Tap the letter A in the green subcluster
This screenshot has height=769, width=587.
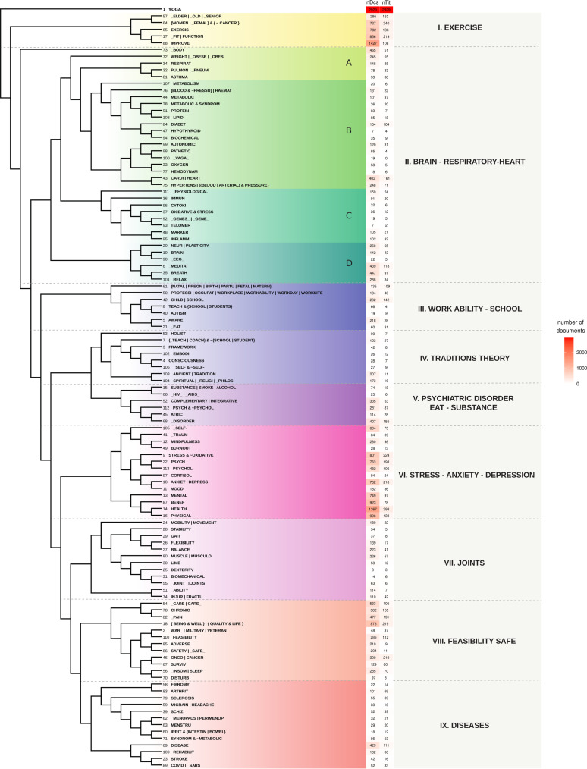tap(348, 63)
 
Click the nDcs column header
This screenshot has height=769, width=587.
tap(371, 3)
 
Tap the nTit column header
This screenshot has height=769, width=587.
tap(386, 3)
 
